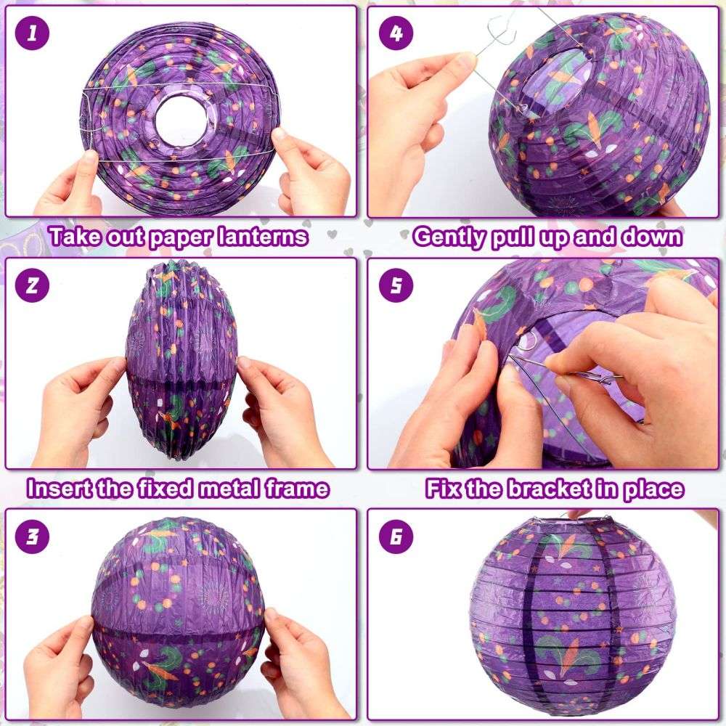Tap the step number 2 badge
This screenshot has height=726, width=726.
click(x=32, y=285)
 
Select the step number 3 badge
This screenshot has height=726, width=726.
click(x=32, y=537)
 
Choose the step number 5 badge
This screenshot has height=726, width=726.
click(x=396, y=285)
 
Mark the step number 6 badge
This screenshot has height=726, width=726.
click(x=396, y=537)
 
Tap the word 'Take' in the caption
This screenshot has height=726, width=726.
click(x=76, y=236)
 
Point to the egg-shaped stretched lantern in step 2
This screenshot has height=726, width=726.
click(x=181, y=360)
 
